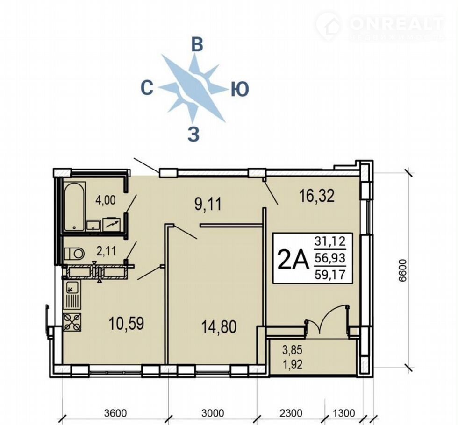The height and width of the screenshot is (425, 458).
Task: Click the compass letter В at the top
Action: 197,45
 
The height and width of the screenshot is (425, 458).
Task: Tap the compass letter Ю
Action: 240,89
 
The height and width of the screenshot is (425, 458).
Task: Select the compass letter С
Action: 147,88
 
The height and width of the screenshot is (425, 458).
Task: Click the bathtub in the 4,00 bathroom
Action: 74,206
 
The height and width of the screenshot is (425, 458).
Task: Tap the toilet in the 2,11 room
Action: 74,253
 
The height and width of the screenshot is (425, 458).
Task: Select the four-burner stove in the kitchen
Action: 72,322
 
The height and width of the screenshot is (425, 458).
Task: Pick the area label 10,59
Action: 126,324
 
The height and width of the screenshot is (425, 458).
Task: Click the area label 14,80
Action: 219,326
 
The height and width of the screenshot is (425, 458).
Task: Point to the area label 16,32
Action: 317,196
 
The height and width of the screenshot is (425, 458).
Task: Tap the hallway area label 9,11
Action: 208,204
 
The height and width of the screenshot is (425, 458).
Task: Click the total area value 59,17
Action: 330,275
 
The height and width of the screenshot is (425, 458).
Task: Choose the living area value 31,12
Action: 330,241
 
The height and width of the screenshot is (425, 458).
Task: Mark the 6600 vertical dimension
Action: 402,270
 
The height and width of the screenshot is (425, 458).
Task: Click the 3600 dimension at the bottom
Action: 116,413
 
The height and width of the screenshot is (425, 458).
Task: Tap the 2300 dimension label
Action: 291,413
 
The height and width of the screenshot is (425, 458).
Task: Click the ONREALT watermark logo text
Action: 396,23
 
